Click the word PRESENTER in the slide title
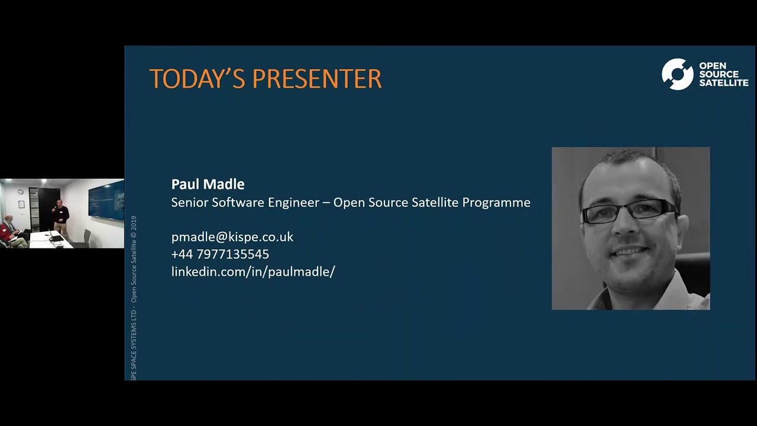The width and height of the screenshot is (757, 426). coord(316,79)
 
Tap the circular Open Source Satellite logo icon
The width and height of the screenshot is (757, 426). coord(677,74)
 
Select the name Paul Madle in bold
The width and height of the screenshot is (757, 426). coord(208,184)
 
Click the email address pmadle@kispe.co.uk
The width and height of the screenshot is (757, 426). coord(232,237)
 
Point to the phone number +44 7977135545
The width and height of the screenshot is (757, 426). coord(220,254)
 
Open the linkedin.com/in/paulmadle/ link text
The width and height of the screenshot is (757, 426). coord(253,272)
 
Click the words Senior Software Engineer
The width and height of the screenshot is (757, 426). coord(244,202)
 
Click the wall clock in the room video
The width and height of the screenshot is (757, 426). coord(20,192)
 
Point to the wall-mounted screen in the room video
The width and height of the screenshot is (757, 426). coord(106,201)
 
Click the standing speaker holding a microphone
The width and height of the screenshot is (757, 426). coord(60,217)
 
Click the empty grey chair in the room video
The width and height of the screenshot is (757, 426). coord(87,238)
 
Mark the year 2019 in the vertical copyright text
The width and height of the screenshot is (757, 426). coord(134,224)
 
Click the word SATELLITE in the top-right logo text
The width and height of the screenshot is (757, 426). coord(723,83)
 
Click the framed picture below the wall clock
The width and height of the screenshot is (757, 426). coord(21,204)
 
